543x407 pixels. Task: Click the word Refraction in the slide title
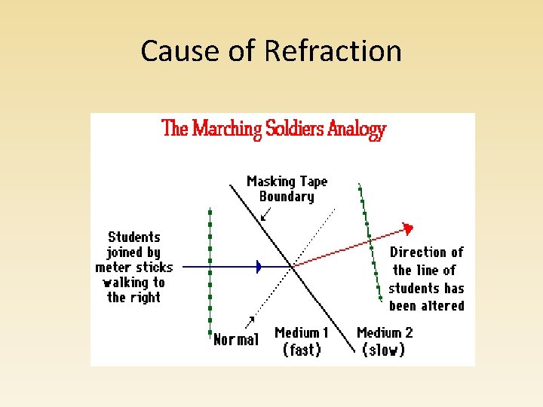point(333,51)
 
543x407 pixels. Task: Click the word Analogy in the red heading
point(357,129)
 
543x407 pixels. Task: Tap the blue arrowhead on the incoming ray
point(259,266)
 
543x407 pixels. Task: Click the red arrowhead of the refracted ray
point(408,228)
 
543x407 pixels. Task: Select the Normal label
point(235,340)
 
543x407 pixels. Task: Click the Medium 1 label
point(302,332)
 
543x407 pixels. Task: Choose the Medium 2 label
point(384,332)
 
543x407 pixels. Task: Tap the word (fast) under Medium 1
point(302,350)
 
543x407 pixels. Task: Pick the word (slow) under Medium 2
point(383,350)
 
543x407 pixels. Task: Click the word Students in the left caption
point(134,237)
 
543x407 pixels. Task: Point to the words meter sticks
point(134,268)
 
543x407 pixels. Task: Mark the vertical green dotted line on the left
point(210,271)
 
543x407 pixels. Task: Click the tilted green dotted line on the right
point(370,241)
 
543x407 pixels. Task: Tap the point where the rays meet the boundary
point(293,266)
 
